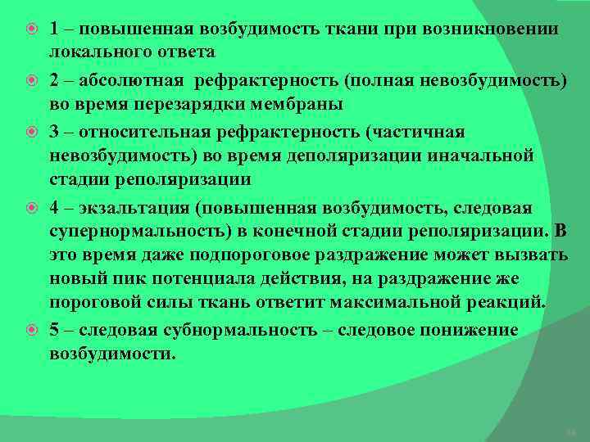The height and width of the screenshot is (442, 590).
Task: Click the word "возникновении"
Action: point(492,29)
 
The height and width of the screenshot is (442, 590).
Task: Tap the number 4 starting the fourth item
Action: point(53,207)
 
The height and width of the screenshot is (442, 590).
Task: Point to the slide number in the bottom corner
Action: point(572,431)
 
